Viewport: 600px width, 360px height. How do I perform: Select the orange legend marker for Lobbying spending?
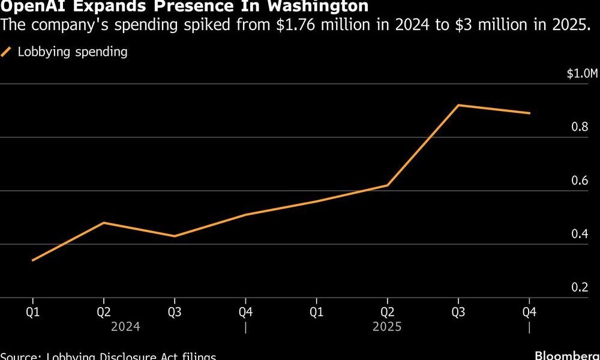[x=7, y=52]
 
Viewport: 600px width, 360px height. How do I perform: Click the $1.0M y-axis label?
[x=583, y=74]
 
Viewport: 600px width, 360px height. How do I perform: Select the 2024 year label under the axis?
[x=125, y=327]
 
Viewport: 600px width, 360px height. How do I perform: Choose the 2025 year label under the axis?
[x=387, y=327]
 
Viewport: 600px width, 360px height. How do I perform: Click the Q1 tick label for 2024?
[x=32, y=312]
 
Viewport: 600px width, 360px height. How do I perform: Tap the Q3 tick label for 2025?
[x=458, y=312]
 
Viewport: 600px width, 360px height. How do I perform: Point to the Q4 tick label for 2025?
[x=529, y=312]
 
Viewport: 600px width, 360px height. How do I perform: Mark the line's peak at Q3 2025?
[x=458, y=105]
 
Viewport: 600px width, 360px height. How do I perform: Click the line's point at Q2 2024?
[x=104, y=223]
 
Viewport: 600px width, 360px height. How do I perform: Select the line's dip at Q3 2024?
[x=175, y=236]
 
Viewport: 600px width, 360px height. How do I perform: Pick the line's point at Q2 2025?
[x=388, y=185]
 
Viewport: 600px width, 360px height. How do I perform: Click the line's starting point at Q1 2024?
[x=32, y=260]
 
